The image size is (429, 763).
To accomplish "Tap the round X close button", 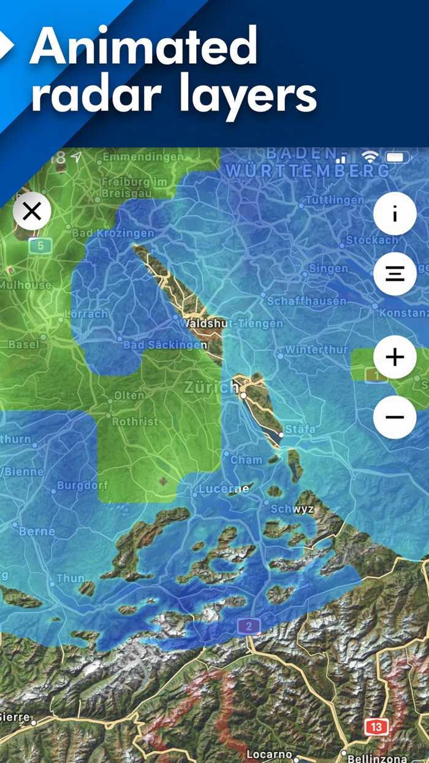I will [32, 212].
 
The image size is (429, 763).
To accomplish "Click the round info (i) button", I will [395, 214].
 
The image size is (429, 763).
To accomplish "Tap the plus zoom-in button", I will [395, 356].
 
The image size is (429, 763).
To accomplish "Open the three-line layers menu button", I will [395, 274].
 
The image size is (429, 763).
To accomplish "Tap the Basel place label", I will [24, 344].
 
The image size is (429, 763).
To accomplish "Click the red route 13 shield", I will [376, 727].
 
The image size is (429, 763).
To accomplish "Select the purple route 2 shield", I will [249, 626].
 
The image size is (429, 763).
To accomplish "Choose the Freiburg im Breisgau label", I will [134, 188].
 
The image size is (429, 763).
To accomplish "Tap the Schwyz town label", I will [292, 508].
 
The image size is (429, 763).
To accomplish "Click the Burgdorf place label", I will [82, 486].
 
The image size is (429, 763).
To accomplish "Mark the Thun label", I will [70, 578].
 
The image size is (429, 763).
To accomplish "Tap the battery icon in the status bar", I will [397, 157].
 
